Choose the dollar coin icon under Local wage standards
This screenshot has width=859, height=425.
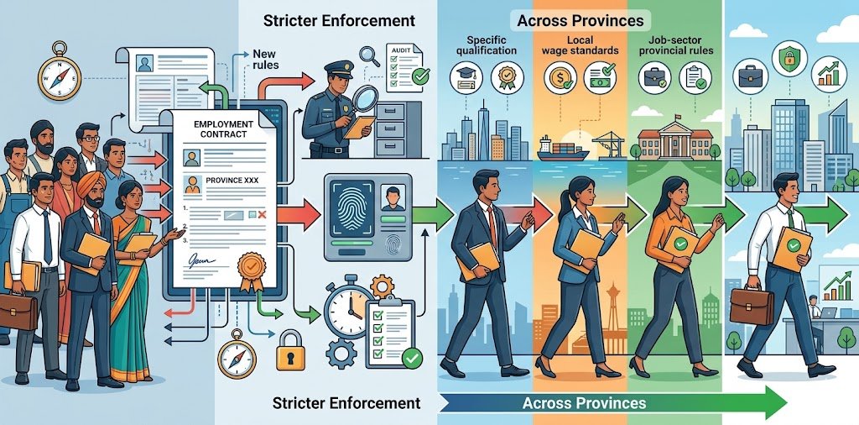click(x=558, y=79)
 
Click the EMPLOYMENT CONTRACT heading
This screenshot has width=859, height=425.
click(x=222, y=130)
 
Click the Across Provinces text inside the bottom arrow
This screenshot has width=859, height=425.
click(x=584, y=403)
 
